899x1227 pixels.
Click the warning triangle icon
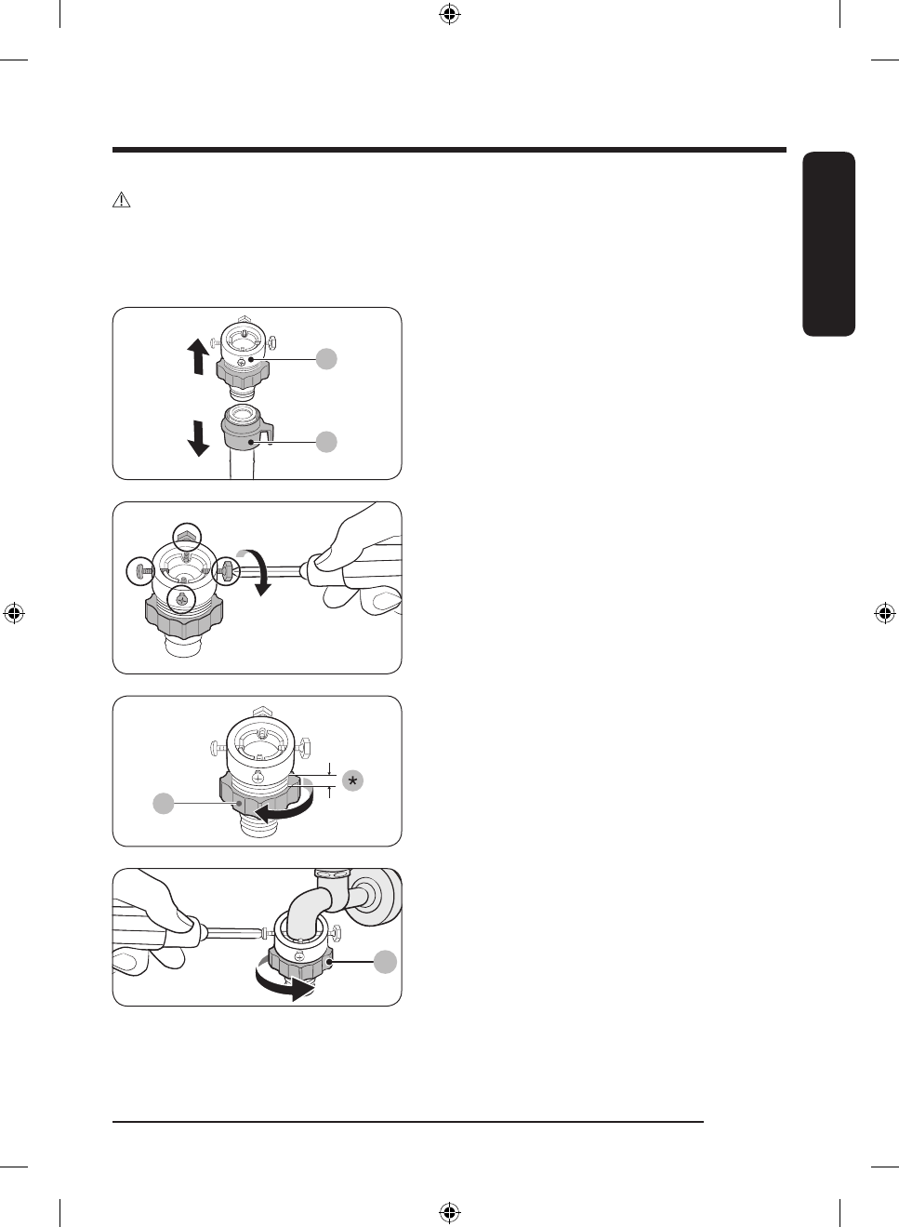coord(122,200)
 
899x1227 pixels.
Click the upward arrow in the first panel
coord(197,356)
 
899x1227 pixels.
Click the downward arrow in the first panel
coord(198,438)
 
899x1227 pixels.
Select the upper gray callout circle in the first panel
coord(326,359)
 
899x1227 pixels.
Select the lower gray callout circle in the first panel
coord(326,442)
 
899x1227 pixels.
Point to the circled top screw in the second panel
coord(188,537)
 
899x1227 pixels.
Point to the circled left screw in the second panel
coord(140,570)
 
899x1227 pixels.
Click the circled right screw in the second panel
coord(227,570)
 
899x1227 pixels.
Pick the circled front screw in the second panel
coord(181,600)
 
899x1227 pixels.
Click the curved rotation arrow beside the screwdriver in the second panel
coord(258,570)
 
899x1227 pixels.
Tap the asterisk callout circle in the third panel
coord(352,781)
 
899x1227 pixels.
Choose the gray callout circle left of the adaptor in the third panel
coord(164,803)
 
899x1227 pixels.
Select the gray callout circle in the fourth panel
coord(385,962)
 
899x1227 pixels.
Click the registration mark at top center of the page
coord(449,14)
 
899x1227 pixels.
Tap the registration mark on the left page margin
coord(14,613)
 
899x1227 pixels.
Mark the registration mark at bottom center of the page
coord(449,1212)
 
